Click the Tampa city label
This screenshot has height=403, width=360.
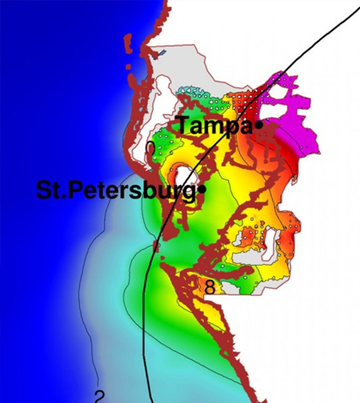pos(214,126)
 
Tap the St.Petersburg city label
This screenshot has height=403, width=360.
pos(115,189)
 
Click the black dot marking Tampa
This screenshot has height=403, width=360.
pos(258,126)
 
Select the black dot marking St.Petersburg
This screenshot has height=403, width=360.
pos(204,189)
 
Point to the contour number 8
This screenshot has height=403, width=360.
pos(209,288)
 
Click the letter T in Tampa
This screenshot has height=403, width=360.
pos(184,125)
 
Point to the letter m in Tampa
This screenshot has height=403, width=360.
pos(214,127)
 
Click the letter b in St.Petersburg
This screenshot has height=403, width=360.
pos(158,189)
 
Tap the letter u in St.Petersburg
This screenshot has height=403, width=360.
pos(171,191)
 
